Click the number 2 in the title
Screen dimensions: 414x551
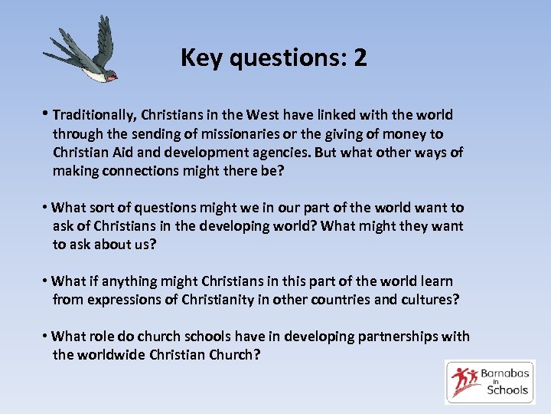pyautogui.click(x=360, y=58)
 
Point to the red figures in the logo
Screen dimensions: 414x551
pyautogui.click(x=465, y=381)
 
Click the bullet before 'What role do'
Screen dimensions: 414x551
pyautogui.click(x=47, y=337)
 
